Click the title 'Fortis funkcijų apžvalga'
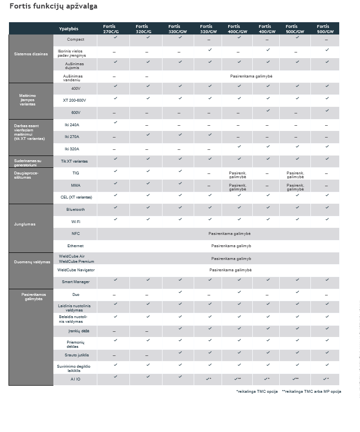(x=53, y=7)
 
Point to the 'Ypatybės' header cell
(x=69, y=29)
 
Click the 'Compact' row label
(x=76, y=39)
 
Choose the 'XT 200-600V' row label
(x=75, y=100)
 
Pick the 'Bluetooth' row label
(x=76, y=209)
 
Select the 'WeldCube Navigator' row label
(x=76, y=270)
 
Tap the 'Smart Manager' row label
(x=76, y=282)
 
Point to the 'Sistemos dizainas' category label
(x=31, y=54)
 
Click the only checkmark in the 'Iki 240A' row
(x=115, y=122)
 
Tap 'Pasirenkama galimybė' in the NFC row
(x=229, y=233)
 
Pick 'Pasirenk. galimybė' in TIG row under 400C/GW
(x=238, y=175)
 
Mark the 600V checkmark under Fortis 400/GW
(x=267, y=111)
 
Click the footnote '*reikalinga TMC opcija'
(x=257, y=391)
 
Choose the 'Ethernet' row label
(x=76, y=246)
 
